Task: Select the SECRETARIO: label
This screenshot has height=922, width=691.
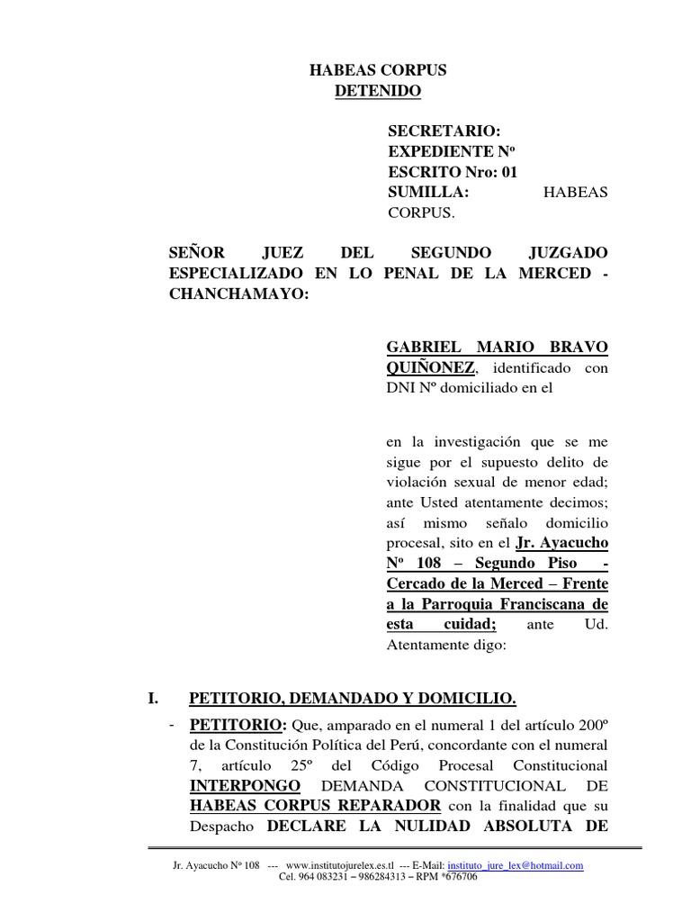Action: (x=437, y=131)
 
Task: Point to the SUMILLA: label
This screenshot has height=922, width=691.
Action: (x=427, y=192)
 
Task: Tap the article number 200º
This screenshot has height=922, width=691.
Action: (x=588, y=725)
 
